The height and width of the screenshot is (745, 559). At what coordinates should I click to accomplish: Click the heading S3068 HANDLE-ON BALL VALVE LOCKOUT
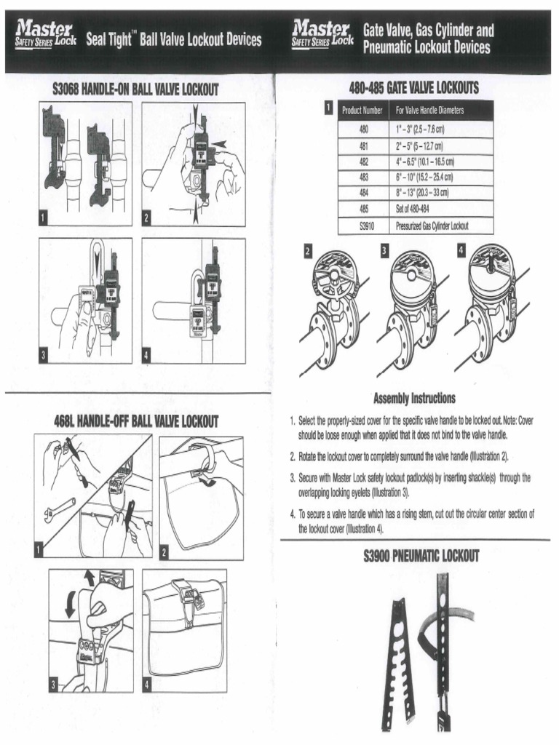[x=136, y=90]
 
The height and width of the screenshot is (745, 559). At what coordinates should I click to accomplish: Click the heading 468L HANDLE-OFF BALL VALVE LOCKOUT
[x=136, y=421]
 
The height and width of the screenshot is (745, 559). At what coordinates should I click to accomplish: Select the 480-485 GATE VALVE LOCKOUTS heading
[x=413, y=89]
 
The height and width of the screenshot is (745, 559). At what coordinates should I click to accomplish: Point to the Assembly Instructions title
[x=414, y=398]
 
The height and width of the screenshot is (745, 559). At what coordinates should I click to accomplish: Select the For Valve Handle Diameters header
[x=429, y=111]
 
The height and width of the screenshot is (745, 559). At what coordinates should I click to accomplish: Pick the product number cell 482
[x=365, y=161]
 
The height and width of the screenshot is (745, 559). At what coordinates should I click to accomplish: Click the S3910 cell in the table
[x=365, y=226]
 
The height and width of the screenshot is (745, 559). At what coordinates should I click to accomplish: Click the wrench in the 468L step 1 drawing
[x=60, y=509]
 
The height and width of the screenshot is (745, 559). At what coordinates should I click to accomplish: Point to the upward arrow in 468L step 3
[x=90, y=578]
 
